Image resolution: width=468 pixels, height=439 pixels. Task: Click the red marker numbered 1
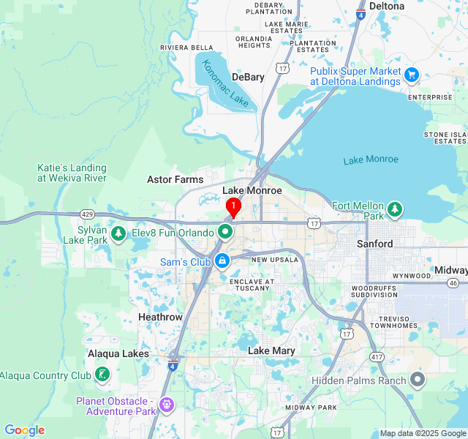click(233, 207)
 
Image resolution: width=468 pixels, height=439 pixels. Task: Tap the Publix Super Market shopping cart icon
click(412, 74)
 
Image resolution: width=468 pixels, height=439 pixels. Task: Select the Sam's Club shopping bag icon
click(222, 260)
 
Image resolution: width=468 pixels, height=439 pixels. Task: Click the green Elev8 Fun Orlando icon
click(225, 233)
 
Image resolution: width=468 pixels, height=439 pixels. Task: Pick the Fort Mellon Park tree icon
click(396, 210)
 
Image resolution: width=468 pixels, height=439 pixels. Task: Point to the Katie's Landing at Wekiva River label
click(72, 173)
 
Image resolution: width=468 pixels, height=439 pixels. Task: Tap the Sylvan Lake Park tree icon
click(118, 233)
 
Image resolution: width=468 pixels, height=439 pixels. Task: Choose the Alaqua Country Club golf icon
click(102, 375)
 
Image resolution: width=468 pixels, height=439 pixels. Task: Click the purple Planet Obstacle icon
click(167, 404)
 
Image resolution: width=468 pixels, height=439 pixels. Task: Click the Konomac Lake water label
click(225, 83)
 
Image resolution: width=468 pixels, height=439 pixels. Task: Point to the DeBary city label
click(248, 77)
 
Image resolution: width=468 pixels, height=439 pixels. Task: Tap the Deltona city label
click(387, 6)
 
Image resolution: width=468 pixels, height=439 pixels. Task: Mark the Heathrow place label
click(160, 317)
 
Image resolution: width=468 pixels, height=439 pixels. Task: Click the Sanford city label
click(375, 244)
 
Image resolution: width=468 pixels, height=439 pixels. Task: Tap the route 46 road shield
click(453, 283)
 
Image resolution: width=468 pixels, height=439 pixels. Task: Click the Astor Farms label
click(175, 179)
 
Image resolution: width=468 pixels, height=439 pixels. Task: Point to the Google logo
click(25, 430)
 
